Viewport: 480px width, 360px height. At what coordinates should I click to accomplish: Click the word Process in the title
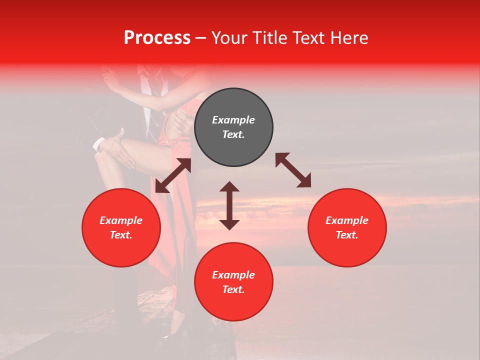(x=157, y=38)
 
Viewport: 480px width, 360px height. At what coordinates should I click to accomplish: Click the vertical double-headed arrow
(x=229, y=205)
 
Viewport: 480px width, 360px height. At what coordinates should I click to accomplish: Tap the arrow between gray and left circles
(x=173, y=175)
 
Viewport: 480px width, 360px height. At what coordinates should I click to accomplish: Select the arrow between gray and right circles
(x=293, y=170)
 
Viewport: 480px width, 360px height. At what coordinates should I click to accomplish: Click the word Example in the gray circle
(x=233, y=120)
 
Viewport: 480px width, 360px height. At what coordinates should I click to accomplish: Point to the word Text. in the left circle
(x=121, y=235)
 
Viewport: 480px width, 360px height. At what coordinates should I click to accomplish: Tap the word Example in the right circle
(x=347, y=220)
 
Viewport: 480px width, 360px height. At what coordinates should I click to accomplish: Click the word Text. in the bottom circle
(x=233, y=289)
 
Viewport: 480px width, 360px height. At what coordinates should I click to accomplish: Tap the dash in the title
(x=200, y=38)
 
